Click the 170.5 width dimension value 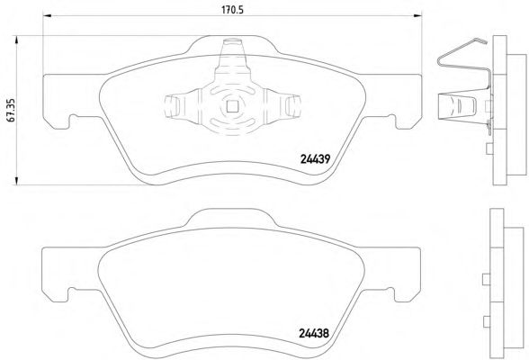tap(232, 10)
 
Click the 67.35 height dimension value tap(10, 110)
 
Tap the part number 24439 tap(315, 159)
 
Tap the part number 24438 tap(314, 333)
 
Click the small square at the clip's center tap(232, 106)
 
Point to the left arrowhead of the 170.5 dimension tap(47, 15)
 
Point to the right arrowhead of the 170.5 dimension tap(417, 15)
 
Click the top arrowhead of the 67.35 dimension tap(16, 40)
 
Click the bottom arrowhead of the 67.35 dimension tap(16, 181)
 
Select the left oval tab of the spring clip tap(172, 105)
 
